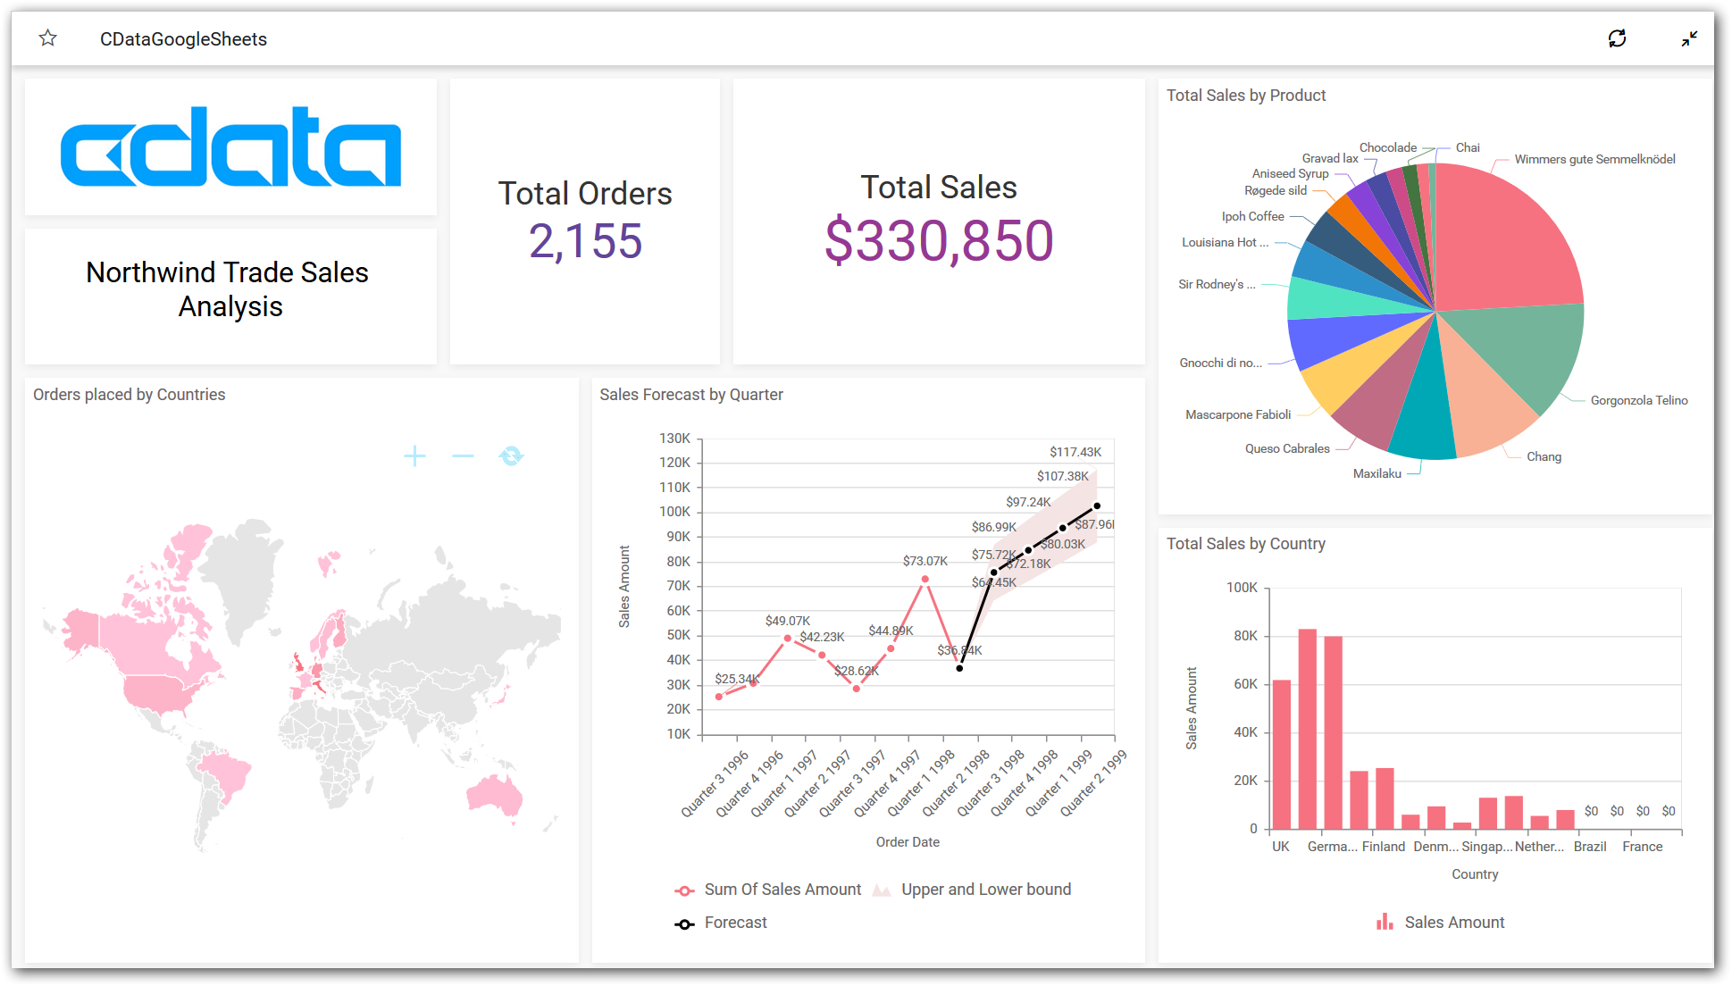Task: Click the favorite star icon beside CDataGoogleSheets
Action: point(48,38)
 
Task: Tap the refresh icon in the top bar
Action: point(1617,38)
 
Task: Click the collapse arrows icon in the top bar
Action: point(1689,38)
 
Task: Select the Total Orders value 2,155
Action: point(585,241)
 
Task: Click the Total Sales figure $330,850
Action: point(939,241)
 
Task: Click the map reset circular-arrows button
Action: point(511,456)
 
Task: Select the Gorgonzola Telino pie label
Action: point(1638,400)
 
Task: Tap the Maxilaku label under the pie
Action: point(1376,473)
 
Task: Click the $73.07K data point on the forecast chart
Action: point(925,580)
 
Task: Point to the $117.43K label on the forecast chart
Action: point(1075,452)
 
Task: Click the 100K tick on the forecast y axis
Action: point(674,512)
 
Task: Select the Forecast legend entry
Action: point(735,923)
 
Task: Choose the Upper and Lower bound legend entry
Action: point(985,890)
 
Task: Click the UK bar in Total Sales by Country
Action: point(1282,755)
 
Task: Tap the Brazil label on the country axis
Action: point(1590,847)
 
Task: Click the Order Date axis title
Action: point(908,842)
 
